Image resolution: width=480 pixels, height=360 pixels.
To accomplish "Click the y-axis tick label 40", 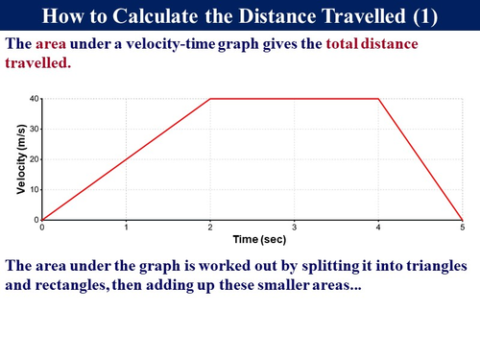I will (34, 99).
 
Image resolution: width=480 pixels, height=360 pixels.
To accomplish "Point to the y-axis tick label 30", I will (34, 130).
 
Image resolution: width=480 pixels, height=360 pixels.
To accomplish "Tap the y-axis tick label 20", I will (34, 159).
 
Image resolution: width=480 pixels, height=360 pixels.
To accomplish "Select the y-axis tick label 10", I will (34, 190).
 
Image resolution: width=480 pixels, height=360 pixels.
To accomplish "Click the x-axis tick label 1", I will (126, 228).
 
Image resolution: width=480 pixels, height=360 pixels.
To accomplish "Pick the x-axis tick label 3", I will (294, 228).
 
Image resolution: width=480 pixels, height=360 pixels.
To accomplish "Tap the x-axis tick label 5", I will (462, 228).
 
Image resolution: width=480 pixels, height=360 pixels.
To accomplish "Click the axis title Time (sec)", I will (252, 238).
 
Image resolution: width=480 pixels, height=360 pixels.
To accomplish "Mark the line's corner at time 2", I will (210, 99).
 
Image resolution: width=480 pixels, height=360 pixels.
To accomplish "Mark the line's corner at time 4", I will (378, 99).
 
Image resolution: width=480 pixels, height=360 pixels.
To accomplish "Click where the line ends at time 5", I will (462, 220).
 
